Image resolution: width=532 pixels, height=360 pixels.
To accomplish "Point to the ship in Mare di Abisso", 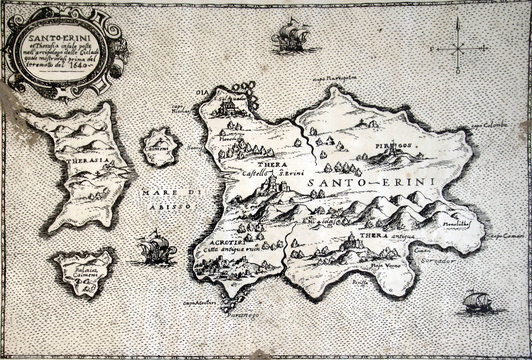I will click(x=151, y=247).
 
